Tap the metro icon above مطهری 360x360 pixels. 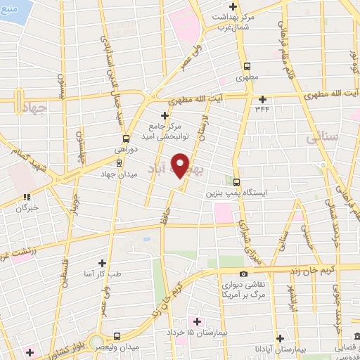point(247,64)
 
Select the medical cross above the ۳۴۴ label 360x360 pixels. point(263,98)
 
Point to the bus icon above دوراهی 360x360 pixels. point(126,139)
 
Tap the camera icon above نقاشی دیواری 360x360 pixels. point(243,274)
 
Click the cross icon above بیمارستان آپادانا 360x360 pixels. point(280,337)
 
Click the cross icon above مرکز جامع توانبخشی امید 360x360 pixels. point(165,115)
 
